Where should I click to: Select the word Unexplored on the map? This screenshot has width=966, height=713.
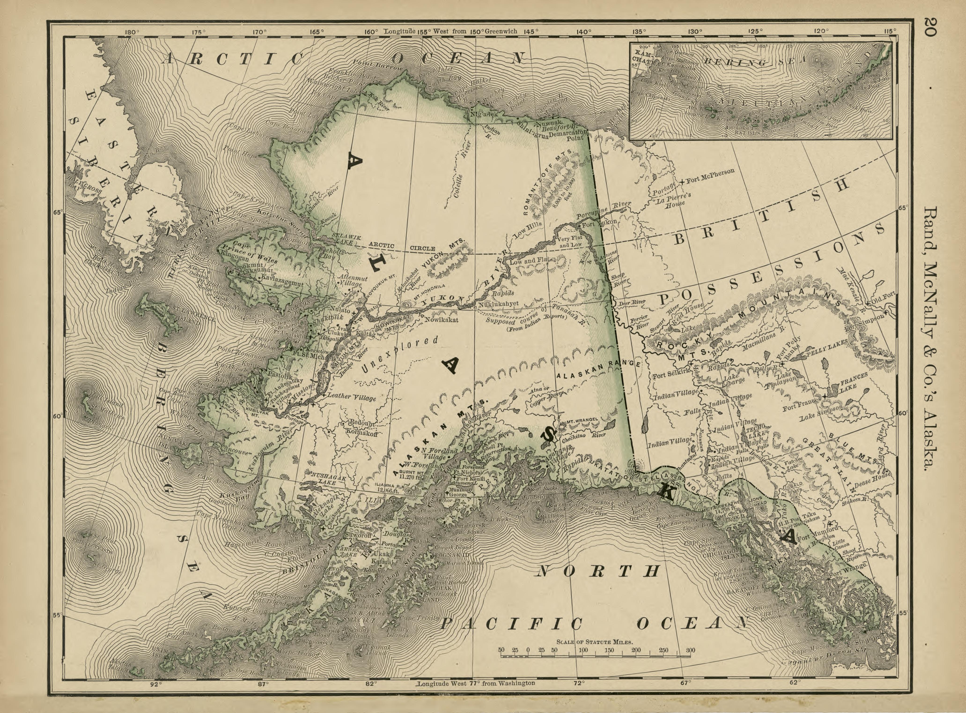tap(399, 354)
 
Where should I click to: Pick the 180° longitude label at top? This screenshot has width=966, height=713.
tap(132, 32)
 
